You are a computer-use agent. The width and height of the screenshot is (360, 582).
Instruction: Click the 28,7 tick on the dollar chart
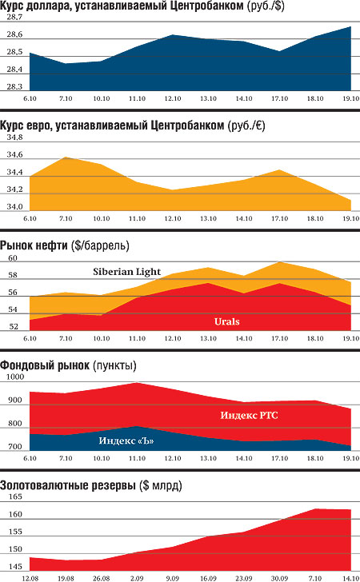14,17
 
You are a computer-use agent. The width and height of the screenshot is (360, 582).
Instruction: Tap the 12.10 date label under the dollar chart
173,99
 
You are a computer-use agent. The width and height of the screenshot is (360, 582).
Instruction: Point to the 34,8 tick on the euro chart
14,138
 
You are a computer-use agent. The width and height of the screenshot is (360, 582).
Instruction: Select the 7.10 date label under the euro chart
66,218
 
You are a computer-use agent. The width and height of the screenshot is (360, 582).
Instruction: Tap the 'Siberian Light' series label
126,272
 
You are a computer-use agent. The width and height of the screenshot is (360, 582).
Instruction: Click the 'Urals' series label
227,321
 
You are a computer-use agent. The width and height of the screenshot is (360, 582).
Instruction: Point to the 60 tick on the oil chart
13,258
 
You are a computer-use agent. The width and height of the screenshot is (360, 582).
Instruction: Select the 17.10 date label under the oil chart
279,338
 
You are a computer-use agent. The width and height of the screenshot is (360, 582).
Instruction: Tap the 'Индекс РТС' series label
249,415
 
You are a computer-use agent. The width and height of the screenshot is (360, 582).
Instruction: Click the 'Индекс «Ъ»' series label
126,440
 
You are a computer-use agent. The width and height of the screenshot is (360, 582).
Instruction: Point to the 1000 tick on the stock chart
15,377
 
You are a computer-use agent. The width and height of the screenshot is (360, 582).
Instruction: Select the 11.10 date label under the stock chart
137,458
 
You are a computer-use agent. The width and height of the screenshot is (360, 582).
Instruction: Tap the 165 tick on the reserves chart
15,496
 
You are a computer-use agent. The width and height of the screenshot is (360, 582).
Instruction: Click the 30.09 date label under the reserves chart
279,578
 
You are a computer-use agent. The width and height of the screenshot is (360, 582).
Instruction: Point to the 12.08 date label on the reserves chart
30,578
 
